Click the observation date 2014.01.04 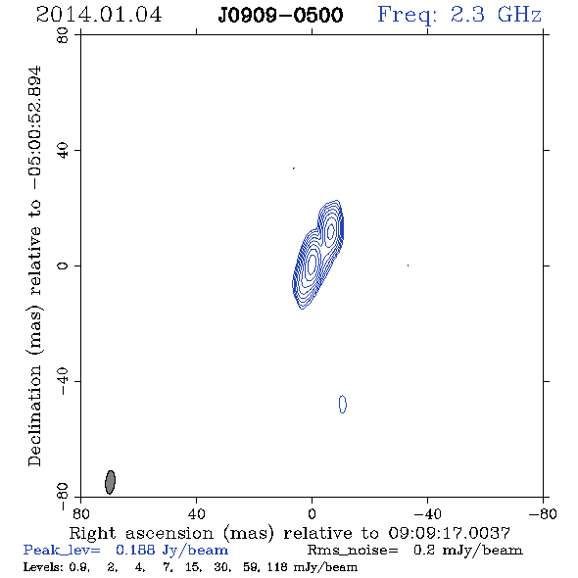[99, 15]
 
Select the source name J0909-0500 [280, 16]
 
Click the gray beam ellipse [111, 482]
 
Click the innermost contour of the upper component [331, 231]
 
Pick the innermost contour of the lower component [312, 263]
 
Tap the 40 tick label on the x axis [196, 513]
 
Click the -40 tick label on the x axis [427, 513]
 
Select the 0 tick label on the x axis [312, 513]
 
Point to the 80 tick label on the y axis [63, 35]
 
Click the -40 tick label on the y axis [63, 381]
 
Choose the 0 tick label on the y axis [63, 265]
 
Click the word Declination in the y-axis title [34, 415]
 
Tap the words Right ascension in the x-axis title [141, 533]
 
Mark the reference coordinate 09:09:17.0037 [449, 533]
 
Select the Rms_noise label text [353, 550]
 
